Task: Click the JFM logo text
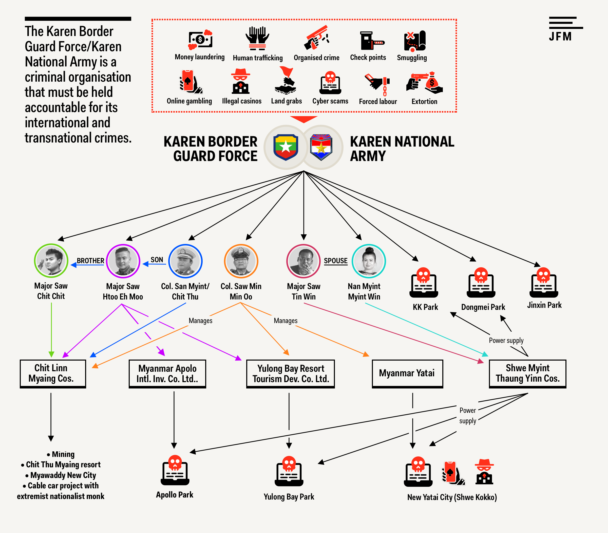(x=560, y=37)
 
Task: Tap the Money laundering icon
(x=200, y=40)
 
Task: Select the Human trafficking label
(x=258, y=58)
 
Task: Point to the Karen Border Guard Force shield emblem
(x=286, y=147)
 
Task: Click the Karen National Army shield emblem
(x=321, y=147)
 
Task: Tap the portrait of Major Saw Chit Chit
(x=51, y=261)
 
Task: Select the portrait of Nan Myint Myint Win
(x=369, y=261)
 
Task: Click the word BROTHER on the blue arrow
(x=90, y=261)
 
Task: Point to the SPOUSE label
(x=335, y=261)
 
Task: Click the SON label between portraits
(x=157, y=260)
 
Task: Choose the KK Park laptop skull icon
(x=424, y=282)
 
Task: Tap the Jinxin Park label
(x=544, y=305)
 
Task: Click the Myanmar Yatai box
(x=407, y=373)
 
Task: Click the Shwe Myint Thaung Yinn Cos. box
(x=527, y=373)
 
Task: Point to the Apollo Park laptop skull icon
(x=175, y=470)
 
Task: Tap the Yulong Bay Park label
(x=289, y=497)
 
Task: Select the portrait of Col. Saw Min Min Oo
(x=241, y=261)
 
